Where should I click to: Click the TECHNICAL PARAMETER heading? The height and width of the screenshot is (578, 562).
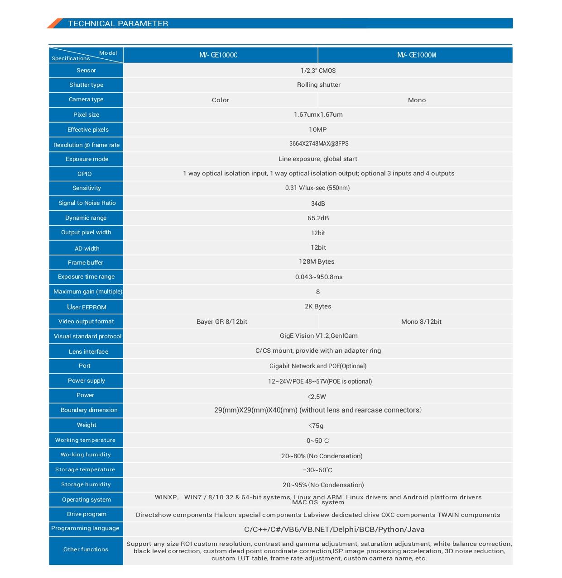(118, 24)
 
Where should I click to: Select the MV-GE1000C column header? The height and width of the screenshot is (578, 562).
(218, 55)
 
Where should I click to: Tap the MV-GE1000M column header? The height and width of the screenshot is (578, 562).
(416, 55)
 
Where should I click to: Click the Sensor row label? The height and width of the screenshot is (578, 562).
(86, 71)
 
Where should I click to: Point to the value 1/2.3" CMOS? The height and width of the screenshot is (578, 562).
(318, 71)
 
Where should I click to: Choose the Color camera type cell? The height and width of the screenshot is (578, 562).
(221, 100)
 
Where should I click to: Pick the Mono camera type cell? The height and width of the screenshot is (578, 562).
(417, 100)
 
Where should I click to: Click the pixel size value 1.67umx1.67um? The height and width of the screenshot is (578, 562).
(318, 114)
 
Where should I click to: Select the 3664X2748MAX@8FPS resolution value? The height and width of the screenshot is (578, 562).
(319, 144)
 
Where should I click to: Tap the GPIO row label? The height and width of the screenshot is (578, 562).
(85, 174)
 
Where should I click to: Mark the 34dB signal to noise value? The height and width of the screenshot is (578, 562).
(318, 204)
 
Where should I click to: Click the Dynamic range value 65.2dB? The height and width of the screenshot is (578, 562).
(318, 218)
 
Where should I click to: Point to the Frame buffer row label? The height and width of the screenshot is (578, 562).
(86, 263)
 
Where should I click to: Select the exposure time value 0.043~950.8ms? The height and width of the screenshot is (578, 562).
(319, 277)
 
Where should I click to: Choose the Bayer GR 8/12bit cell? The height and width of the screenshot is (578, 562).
(222, 322)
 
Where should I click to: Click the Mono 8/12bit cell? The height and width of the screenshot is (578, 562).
(421, 322)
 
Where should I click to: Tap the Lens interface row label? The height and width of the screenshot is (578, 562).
(88, 352)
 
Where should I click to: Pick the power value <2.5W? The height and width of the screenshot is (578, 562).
(317, 397)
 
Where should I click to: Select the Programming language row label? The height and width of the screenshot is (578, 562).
(85, 528)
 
